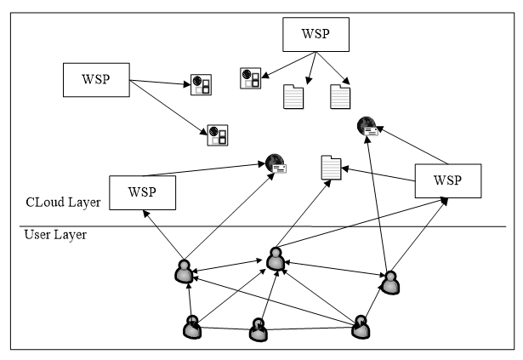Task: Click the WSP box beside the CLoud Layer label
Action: (x=142, y=192)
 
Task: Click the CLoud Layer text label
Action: (x=62, y=203)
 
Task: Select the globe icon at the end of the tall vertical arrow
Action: (x=367, y=127)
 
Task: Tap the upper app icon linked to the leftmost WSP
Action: (x=201, y=83)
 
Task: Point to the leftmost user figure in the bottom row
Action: (x=192, y=326)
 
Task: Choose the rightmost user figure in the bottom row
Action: (x=361, y=326)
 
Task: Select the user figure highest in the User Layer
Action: (x=274, y=259)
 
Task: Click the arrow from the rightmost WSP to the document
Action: (x=379, y=174)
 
